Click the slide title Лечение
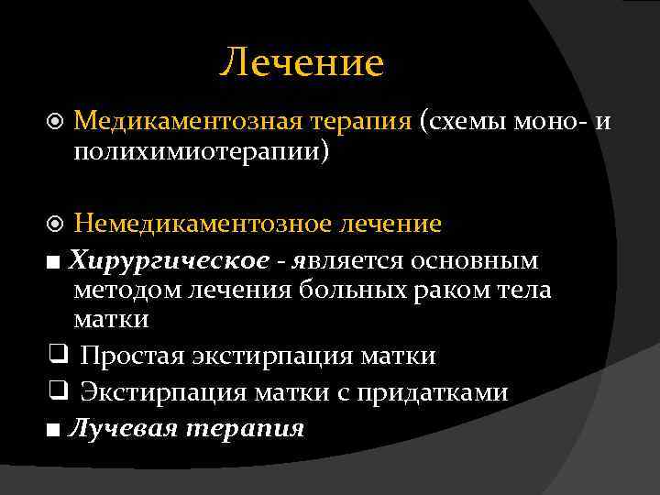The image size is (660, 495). tap(302, 63)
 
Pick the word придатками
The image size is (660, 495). tap(442, 392)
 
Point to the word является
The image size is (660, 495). tap(347, 261)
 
